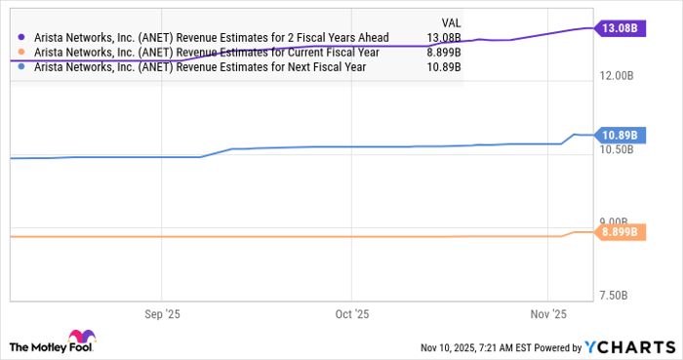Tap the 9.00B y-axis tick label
coord(619,221)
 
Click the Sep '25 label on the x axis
coord(162,315)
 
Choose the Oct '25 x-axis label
coord(352,315)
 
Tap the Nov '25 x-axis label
coord(548,315)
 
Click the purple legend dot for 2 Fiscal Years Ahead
coord(21,38)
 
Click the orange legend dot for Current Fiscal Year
coord(21,53)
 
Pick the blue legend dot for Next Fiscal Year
coord(21,67)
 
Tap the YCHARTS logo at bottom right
coord(627,347)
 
